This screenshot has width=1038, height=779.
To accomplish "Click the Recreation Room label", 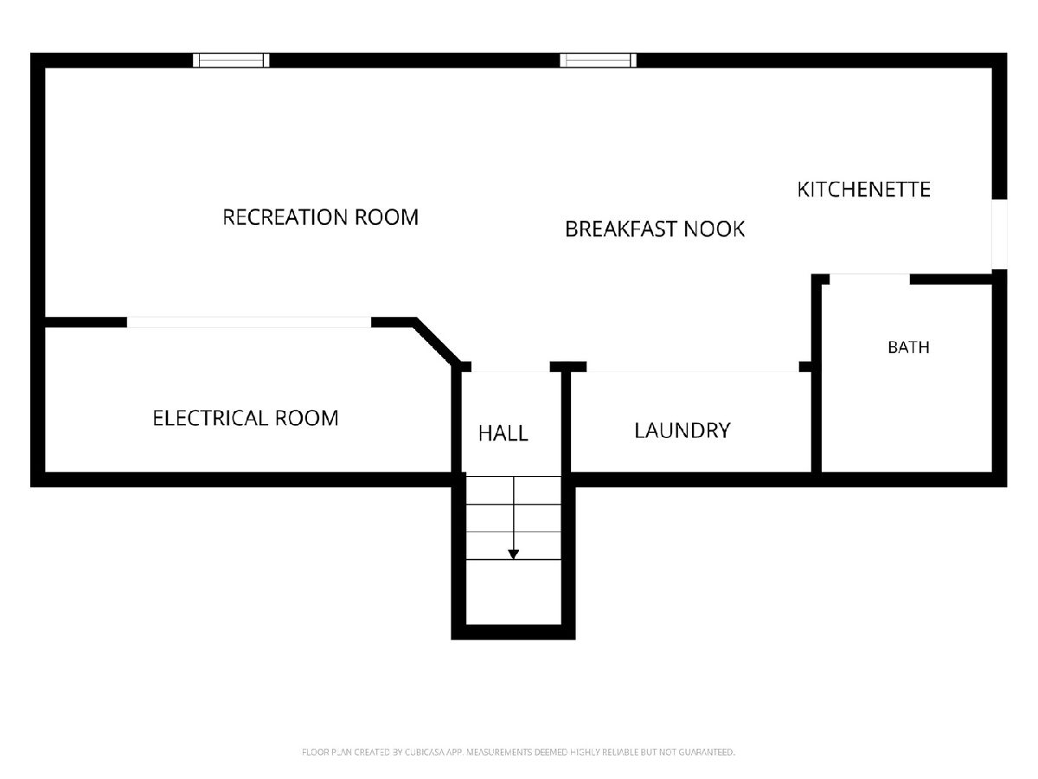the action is tap(320, 217).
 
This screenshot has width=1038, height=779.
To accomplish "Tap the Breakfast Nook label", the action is tap(655, 229).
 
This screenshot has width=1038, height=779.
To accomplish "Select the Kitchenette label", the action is tap(864, 190).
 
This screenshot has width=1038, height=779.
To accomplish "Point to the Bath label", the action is tap(908, 347).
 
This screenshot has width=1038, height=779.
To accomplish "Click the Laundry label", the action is tap(682, 430).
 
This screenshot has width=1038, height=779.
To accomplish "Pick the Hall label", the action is tap(503, 434).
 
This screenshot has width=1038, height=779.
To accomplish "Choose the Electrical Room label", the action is tap(246, 418).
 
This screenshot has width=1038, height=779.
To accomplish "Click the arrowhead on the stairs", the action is tap(514, 554).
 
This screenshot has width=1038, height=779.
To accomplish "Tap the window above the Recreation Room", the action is tap(231, 60).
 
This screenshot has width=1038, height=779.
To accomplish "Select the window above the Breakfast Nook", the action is tap(599, 60).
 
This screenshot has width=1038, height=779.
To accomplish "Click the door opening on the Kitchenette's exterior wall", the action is tap(999, 234).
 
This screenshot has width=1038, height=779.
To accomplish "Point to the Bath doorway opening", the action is tap(869, 279).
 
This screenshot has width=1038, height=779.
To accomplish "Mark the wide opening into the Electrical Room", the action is tap(249, 322).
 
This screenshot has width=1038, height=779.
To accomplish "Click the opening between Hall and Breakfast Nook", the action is tap(510, 366).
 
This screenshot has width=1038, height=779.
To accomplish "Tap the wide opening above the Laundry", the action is tap(693, 366).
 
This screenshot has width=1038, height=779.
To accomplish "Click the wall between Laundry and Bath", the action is tap(817, 378).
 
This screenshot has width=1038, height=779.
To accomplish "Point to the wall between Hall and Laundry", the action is tap(566, 422).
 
